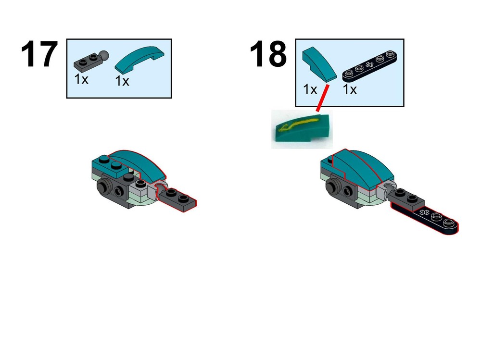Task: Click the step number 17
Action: tap(39, 54)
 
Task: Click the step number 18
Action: tap(268, 54)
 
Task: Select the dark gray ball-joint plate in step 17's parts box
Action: tap(91, 60)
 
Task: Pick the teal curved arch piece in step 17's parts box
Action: tap(139, 60)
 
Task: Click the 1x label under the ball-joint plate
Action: tap(81, 79)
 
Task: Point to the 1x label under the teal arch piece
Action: tap(122, 81)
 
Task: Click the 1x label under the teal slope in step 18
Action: tap(310, 89)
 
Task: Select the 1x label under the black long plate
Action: tap(350, 89)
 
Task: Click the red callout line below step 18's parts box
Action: tap(322, 98)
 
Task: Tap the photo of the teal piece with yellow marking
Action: tap(302, 129)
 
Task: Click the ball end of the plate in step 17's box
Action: tap(104, 55)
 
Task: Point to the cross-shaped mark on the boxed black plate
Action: tap(369, 64)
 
